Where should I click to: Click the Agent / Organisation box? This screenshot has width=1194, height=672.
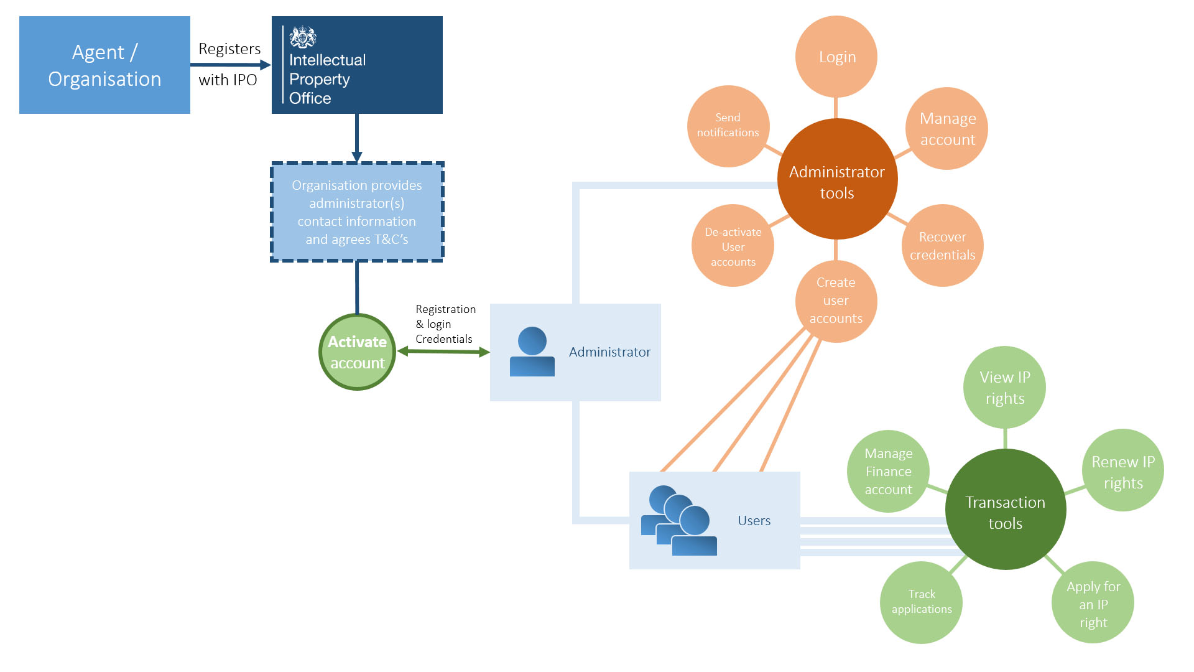pyautogui.click(x=104, y=65)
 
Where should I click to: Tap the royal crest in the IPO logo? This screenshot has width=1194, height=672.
pyautogui.click(x=303, y=37)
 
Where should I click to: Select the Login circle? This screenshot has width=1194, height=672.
pyautogui.click(x=836, y=57)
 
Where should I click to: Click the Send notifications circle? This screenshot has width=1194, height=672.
pyautogui.click(x=728, y=126)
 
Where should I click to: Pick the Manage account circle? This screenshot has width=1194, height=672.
pyautogui.click(x=947, y=129)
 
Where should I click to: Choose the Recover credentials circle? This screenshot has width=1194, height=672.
pyautogui.click(x=942, y=246)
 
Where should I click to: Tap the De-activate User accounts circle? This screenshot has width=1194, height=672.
pyautogui.click(x=733, y=246)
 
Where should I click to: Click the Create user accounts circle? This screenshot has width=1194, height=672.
pyautogui.click(x=836, y=301)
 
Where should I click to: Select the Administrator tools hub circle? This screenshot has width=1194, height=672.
pyautogui.click(x=837, y=180)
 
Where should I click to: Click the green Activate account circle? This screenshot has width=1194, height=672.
pyautogui.click(x=358, y=352)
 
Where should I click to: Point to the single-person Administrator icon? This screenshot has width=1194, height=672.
pyautogui.click(x=532, y=352)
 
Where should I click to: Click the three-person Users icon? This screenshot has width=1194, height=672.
pyautogui.click(x=679, y=521)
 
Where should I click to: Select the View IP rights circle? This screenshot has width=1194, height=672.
pyautogui.click(x=1004, y=388)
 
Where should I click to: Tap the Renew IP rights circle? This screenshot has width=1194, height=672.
pyautogui.click(x=1122, y=471)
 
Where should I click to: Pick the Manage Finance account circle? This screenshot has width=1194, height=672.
pyautogui.click(x=888, y=471)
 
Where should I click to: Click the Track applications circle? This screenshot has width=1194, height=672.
pyautogui.click(x=921, y=602)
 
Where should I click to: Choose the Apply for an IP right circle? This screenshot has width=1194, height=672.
pyautogui.click(x=1093, y=603)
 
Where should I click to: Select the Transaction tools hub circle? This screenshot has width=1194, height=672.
pyautogui.click(x=1005, y=510)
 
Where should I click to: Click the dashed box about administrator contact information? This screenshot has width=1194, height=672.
pyautogui.click(x=357, y=212)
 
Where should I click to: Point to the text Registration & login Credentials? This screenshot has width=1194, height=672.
pyautogui.click(x=445, y=324)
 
